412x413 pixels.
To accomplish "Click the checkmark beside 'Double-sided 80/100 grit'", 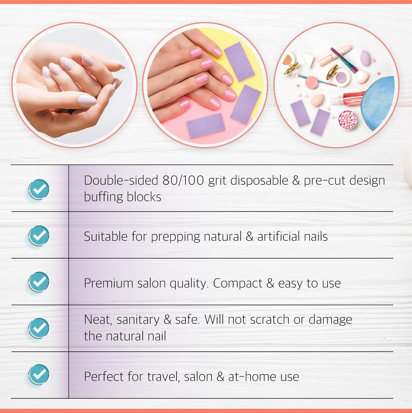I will (x=39, y=189).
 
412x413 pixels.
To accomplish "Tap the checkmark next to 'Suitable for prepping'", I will (x=39, y=235).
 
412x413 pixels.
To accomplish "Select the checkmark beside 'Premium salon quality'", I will (x=39, y=282).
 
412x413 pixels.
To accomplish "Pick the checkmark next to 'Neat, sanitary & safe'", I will (x=39, y=328).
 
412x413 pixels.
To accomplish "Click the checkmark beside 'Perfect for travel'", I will (x=39, y=374).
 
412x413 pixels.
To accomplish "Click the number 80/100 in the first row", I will (x=183, y=181).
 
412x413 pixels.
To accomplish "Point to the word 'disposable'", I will (x=259, y=181).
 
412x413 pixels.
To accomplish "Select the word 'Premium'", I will (x=109, y=283).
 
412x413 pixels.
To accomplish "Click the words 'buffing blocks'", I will (x=123, y=197).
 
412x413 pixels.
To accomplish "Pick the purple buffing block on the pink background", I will (x=206, y=125).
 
